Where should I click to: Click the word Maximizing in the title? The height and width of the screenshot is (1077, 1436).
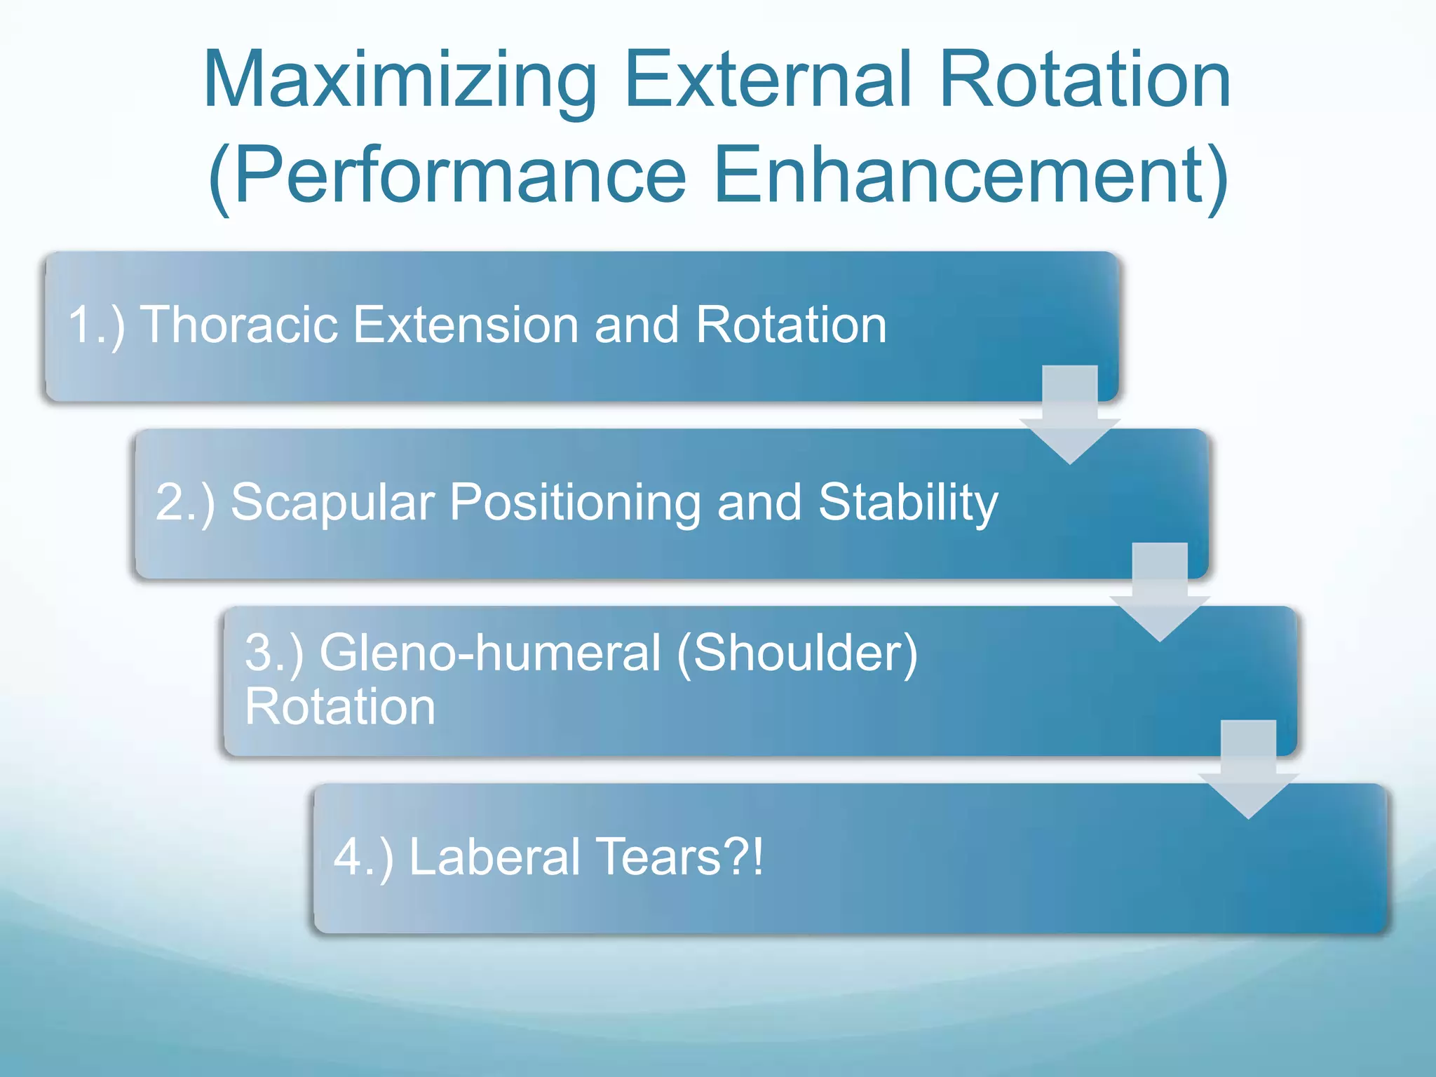point(400,81)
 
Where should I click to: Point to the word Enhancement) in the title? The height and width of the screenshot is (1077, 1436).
point(970,175)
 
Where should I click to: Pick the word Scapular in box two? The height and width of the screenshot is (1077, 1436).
point(332,502)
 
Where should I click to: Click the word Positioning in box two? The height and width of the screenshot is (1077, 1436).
point(575,502)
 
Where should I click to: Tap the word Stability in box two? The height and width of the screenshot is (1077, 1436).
point(908,502)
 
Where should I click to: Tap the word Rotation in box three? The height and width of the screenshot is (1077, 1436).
point(340,706)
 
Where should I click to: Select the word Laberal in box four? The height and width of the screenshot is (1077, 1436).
point(494,857)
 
